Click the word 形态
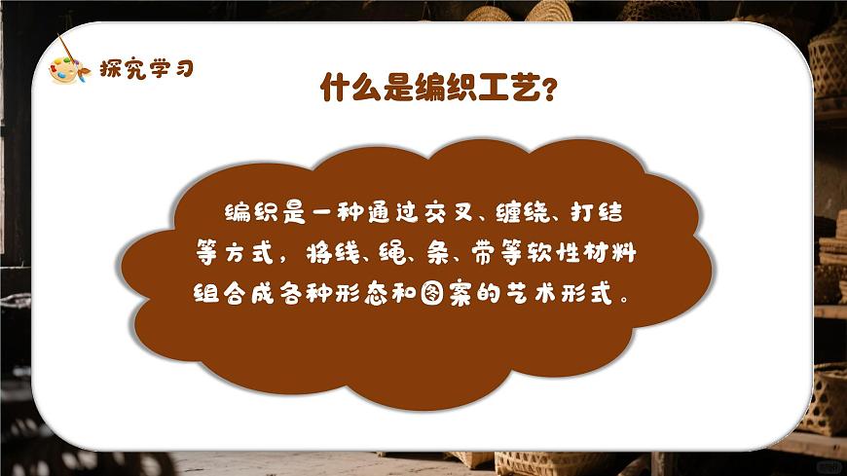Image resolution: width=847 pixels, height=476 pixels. pyautogui.click(x=369, y=293)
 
